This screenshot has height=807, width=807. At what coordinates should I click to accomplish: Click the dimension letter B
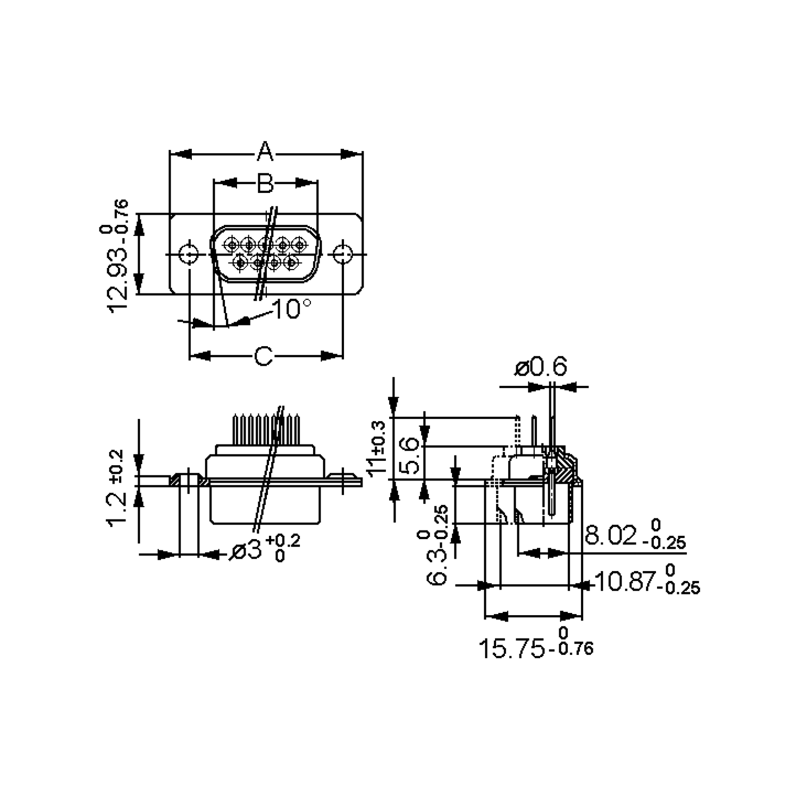[265, 183]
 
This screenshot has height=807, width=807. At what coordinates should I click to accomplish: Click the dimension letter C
[264, 356]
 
